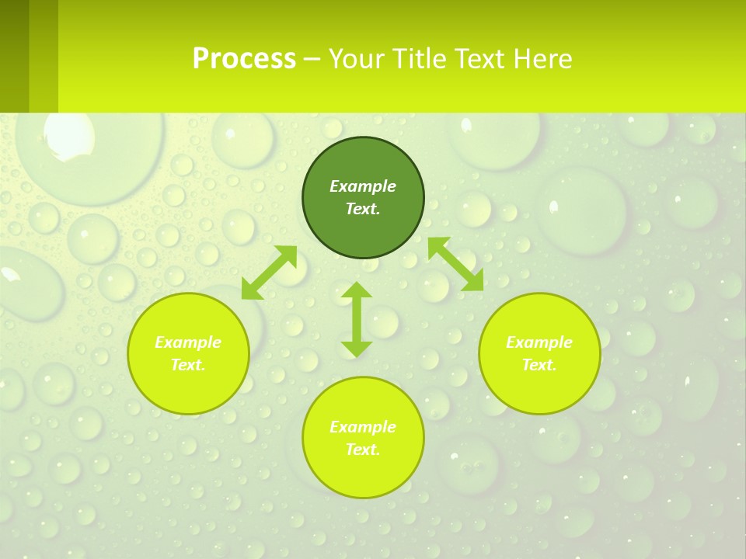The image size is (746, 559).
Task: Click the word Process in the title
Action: click(244, 59)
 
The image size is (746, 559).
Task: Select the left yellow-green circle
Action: click(188, 388)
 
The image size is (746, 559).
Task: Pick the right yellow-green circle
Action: click(539, 388)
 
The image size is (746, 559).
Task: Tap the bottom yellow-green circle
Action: click(363, 474)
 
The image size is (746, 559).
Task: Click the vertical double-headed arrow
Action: click(357, 319)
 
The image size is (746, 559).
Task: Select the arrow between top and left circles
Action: click(269, 273)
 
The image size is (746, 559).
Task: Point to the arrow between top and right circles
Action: click(455, 264)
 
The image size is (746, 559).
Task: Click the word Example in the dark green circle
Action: click(363, 186)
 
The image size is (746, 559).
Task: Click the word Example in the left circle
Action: click(188, 342)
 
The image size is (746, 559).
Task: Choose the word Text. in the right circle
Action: click(539, 365)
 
